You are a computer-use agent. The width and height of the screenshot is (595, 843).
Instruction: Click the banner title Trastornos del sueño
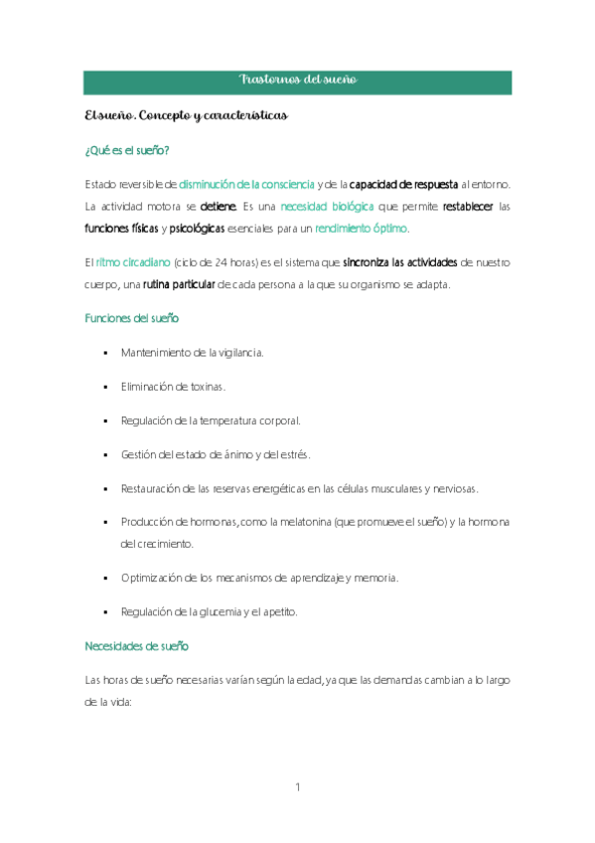point(297,80)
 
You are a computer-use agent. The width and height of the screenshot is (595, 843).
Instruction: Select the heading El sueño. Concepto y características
point(186,116)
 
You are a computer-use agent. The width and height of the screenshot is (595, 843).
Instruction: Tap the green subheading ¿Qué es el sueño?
point(126,151)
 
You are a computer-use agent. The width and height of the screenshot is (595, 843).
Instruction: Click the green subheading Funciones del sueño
point(132,318)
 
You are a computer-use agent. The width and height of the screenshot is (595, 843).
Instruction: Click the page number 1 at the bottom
point(297,788)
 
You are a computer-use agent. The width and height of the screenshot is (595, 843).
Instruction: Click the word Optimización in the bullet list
point(153,578)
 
